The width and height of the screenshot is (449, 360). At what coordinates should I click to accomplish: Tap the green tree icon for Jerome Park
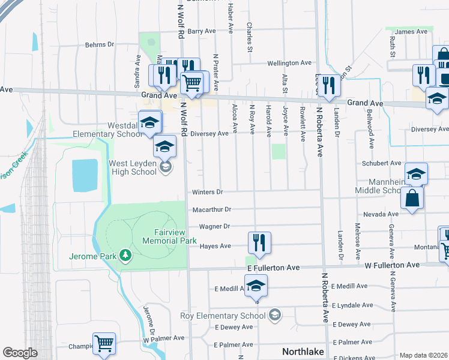125,256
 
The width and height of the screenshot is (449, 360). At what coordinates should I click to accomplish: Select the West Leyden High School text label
132,167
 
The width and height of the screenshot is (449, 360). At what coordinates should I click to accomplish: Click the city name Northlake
304,352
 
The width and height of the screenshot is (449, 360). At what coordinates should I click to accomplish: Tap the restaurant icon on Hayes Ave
259,242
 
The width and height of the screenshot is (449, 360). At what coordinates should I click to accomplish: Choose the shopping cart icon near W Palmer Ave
104,344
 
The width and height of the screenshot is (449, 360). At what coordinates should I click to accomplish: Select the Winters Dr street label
207,192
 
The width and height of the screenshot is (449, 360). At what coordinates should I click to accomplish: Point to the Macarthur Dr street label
211,209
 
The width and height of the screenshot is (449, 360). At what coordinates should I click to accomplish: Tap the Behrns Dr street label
99,44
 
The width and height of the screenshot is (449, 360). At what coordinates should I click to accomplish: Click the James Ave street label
411,32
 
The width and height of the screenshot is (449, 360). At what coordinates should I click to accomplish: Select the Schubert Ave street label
381,163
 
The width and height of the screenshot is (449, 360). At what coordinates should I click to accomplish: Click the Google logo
20,353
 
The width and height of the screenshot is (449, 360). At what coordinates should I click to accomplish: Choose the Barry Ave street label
201,31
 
